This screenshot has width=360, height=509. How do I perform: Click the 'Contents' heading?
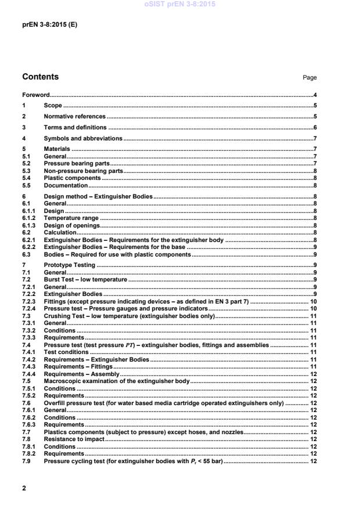tap(40, 77)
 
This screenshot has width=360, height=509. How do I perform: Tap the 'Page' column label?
tap(309, 77)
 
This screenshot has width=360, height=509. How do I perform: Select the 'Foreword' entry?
tap(35, 95)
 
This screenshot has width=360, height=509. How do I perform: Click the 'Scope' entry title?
tap(53, 106)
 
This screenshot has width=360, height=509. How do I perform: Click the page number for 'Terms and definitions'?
tap(314, 128)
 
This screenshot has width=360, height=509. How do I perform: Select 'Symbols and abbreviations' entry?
tap(83, 139)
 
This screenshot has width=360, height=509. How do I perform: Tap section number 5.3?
tap(26, 172)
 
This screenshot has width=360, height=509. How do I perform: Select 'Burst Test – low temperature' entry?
tap(85, 280)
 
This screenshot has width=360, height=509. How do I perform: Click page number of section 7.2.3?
tap(312, 302)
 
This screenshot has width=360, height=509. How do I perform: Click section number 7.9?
tap(26, 461)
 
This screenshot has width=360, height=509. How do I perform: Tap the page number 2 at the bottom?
tap(24, 488)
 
